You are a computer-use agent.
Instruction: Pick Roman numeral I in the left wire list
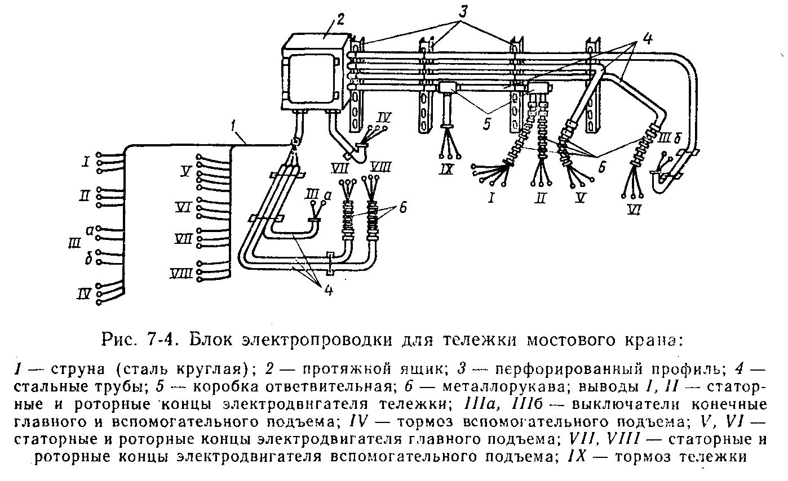tap(85, 163)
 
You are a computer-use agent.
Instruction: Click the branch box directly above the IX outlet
tap(449, 88)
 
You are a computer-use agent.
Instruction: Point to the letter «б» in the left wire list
tap(88, 259)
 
